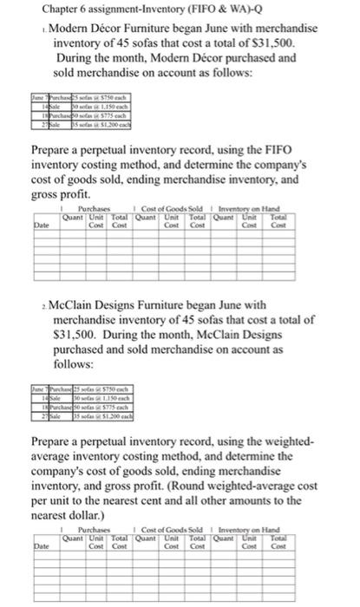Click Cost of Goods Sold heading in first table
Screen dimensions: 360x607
179,210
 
